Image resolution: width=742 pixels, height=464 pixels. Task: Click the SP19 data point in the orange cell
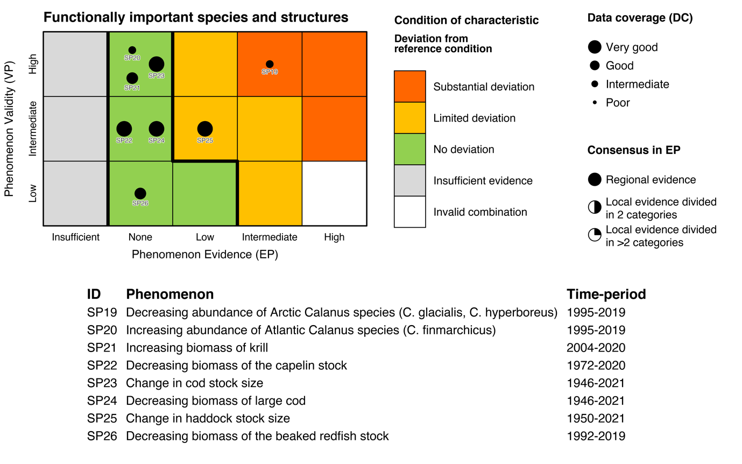(270, 64)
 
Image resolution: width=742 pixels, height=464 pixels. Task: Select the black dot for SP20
(132, 50)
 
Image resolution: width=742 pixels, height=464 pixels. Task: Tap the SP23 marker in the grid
(156, 65)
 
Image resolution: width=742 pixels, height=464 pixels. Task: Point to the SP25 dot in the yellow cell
(204, 129)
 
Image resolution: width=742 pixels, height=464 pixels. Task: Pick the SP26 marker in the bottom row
(140, 193)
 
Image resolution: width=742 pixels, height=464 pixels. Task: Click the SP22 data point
(124, 129)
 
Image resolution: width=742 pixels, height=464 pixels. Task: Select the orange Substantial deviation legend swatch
(410, 86)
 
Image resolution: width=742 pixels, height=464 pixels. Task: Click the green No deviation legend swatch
(410, 149)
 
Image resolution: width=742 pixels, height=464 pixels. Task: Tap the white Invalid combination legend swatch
(410, 212)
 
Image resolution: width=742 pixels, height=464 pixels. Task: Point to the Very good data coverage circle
(595, 47)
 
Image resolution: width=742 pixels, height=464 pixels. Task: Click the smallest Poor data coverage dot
(595, 102)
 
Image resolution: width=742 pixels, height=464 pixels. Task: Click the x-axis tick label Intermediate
(270, 237)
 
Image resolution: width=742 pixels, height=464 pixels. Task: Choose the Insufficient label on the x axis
(76, 237)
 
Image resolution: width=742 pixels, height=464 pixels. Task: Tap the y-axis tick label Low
(33, 193)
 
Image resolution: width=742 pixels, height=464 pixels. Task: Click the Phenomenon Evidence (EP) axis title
(204, 255)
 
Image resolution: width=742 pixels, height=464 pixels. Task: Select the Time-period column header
(606, 294)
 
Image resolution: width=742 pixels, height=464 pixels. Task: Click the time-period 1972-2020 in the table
(596, 365)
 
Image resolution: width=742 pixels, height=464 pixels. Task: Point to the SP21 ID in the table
(102, 348)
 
